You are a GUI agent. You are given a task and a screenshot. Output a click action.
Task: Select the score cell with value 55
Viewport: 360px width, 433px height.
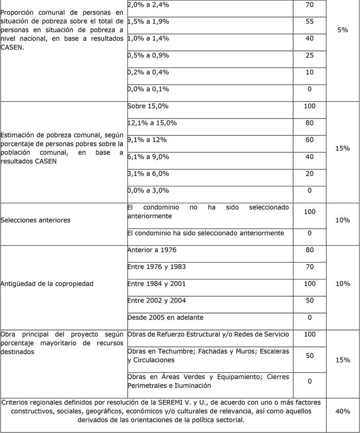pyautogui.click(x=309, y=22)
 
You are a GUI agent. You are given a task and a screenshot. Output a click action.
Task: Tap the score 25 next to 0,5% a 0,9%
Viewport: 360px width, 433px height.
pyautogui.click(x=309, y=55)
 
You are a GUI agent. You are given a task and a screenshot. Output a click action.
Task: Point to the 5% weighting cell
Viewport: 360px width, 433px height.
pyautogui.click(x=343, y=30)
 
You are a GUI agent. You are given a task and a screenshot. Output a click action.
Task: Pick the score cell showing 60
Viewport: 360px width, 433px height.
pyautogui.click(x=309, y=140)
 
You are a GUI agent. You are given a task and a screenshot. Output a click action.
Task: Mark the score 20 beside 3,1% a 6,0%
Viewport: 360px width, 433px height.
pyautogui.click(x=309, y=174)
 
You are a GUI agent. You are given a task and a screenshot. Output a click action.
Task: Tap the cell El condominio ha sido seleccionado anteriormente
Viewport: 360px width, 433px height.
pyautogui.click(x=206, y=233)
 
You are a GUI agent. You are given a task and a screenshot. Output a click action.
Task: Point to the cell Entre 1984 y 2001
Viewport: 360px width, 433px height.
pyautogui.click(x=156, y=284)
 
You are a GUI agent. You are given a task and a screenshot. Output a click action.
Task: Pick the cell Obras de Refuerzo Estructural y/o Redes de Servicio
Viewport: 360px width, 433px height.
pyautogui.click(x=208, y=334)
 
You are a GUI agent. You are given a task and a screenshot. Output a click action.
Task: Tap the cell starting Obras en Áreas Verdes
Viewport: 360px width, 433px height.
pyautogui.click(x=208, y=381)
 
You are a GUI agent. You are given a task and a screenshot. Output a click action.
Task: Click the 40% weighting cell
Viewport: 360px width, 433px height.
pyautogui.click(x=343, y=411)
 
